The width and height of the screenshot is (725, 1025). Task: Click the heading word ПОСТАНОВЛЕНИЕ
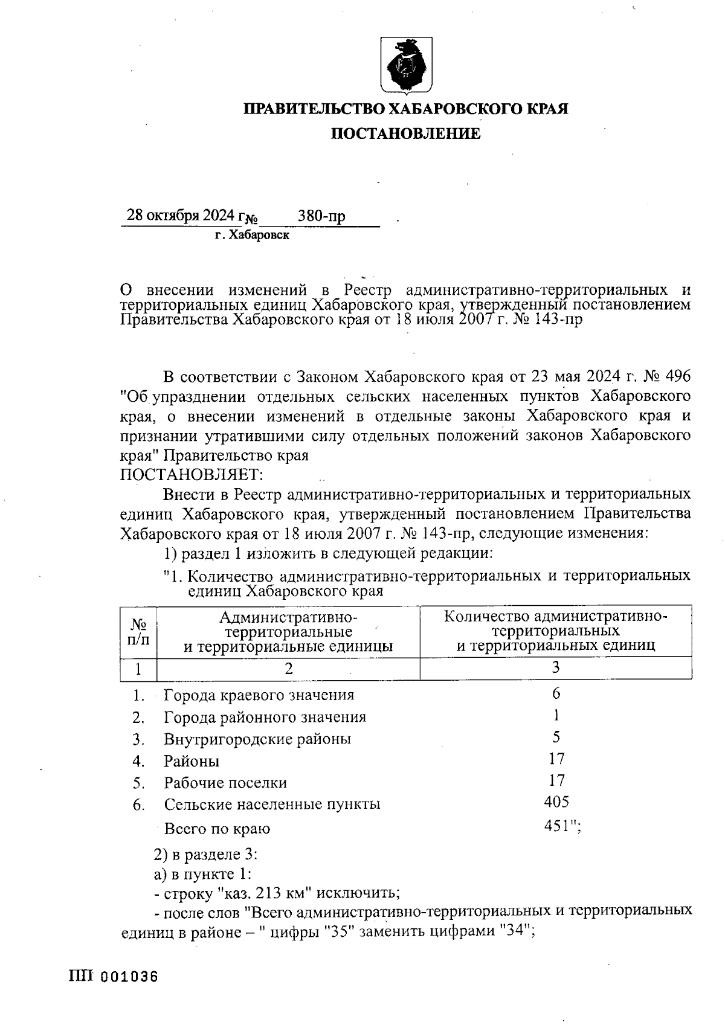coord(405,133)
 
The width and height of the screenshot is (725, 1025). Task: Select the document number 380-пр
coord(321,216)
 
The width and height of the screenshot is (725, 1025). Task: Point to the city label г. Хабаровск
coord(252,236)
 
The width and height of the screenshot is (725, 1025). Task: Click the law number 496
coord(677,377)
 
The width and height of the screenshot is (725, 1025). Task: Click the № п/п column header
coord(139,631)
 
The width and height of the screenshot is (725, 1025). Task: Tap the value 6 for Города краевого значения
coord(556,693)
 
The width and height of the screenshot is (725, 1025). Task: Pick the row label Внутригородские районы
coord(257,739)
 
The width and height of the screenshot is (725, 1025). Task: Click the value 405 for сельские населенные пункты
coord(556,802)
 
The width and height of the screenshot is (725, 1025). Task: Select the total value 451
coord(558,826)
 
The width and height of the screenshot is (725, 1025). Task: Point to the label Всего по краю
coord(217,829)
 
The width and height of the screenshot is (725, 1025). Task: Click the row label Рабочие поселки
coord(225,783)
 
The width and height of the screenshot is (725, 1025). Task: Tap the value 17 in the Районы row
coord(556,759)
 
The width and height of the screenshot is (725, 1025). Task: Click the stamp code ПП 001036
coord(114,977)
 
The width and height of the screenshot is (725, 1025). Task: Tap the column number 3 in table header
coord(556,667)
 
